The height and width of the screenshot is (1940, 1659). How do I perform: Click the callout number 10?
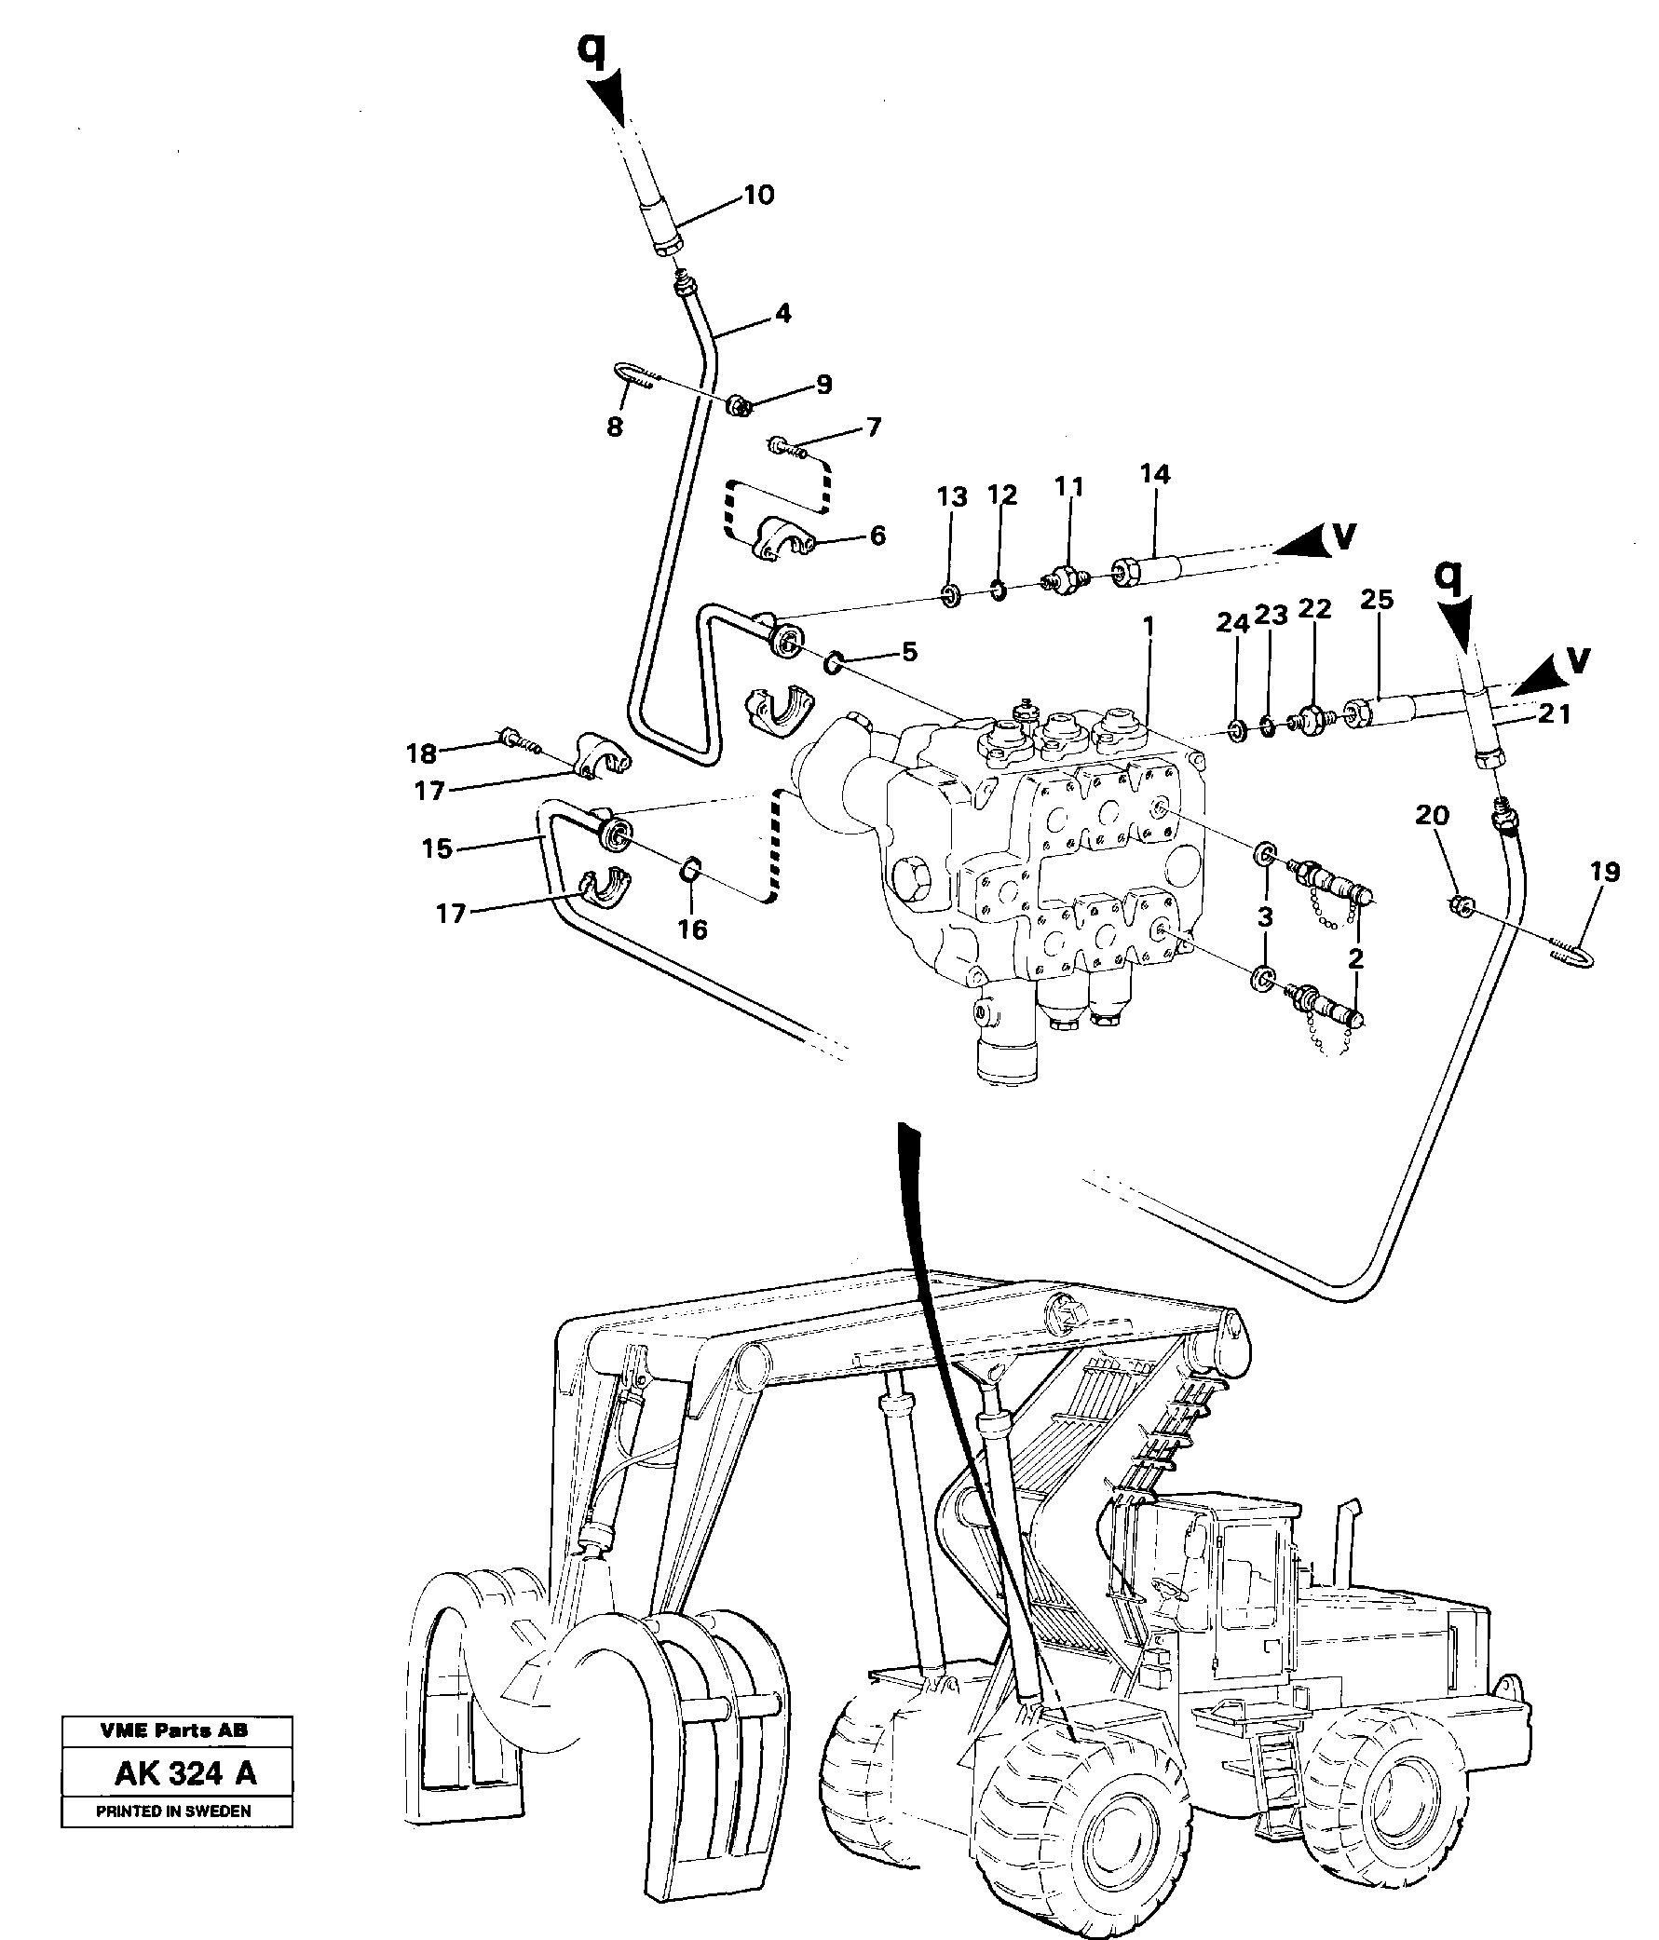pyautogui.click(x=758, y=195)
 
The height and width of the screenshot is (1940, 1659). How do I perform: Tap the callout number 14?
pyautogui.click(x=1154, y=474)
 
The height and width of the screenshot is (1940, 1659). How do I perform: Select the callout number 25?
pyautogui.click(x=1376, y=599)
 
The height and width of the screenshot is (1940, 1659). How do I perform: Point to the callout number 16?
pyautogui.click(x=692, y=929)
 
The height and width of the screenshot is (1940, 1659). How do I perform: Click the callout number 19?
pyautogui.click(x=1605, y=872)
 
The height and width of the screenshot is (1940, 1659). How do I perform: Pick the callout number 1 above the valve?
pyautogui.click(x=1148, y=625)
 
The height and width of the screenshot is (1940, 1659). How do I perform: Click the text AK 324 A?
pyautogui.click(x=185, y=1773)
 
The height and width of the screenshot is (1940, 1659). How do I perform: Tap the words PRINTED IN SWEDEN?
pyautogui.click(x=173, y=1811)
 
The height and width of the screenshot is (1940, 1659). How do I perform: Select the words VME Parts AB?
pyautogui.click(x=174, y=1730)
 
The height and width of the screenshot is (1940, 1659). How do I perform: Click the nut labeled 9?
pyautogui.click(x=739, y=406)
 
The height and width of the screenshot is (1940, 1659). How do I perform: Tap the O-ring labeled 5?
pyautogui.click(x=833, y=664)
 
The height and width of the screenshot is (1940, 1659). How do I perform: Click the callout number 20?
pyautogui.click(x=1432, y=816)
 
